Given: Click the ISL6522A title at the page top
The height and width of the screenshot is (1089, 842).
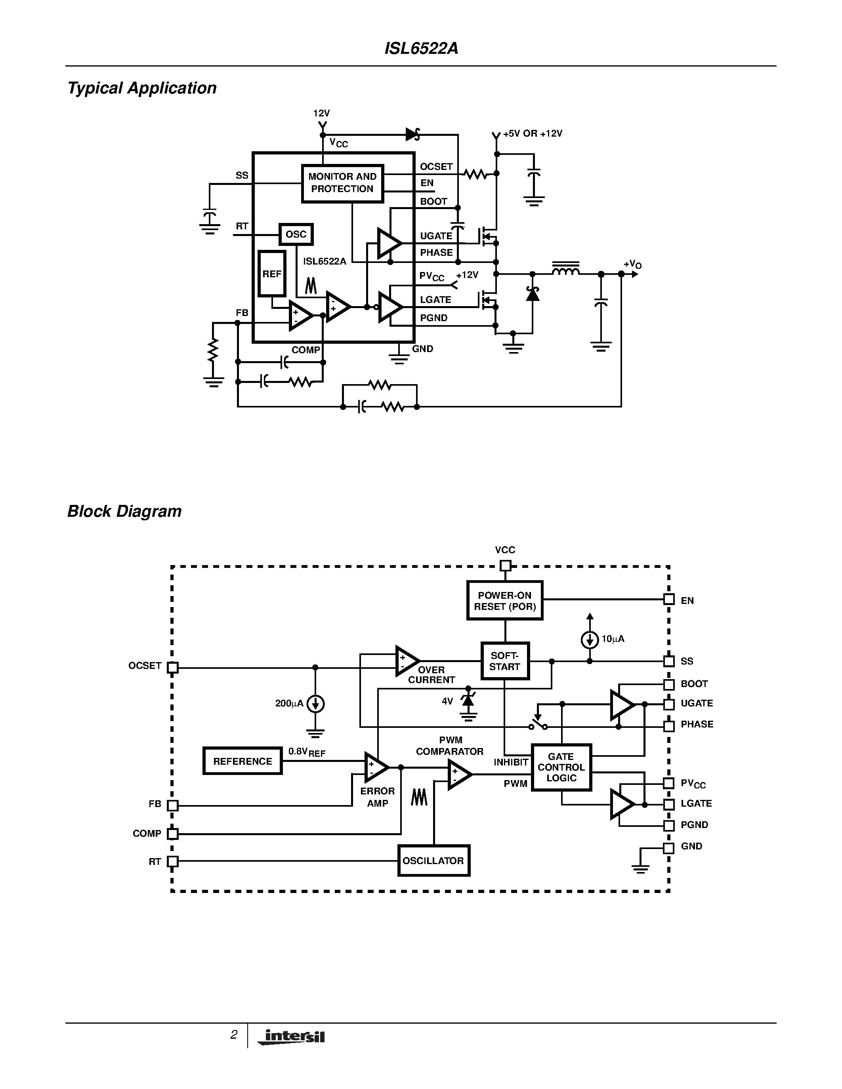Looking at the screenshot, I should [421, 48].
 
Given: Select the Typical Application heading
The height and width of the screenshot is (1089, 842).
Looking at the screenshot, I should [142, 88].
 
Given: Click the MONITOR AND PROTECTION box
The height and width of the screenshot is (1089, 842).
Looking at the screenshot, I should [342, 183].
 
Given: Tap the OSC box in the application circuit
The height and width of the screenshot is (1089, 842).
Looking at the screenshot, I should [296, 234].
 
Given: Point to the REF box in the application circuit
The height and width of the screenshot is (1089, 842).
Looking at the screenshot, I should [272, 274].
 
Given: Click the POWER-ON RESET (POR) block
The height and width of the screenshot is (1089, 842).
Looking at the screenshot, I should [505, 601].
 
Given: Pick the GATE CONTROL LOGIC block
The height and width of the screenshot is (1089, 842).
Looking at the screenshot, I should [561, 767].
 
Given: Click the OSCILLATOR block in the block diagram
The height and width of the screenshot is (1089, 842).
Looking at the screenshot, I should [433, 861].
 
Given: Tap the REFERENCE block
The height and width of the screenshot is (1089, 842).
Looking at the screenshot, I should [242, 761].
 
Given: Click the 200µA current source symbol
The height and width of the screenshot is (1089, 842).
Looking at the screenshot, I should [315, 704].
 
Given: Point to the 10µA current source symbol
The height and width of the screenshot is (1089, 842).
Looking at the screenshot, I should [590, 639].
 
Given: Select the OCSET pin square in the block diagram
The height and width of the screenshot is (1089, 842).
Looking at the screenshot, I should [173, 667].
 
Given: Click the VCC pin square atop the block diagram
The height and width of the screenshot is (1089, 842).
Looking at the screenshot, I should [505, 565].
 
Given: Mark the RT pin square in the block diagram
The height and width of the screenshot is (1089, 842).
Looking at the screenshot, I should [173, 861].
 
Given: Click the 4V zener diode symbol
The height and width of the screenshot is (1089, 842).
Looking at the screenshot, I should [468, 700].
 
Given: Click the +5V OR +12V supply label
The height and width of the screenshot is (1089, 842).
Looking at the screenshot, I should [532, 133].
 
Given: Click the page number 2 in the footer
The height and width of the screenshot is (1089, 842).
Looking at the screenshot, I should [233, 1035].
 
